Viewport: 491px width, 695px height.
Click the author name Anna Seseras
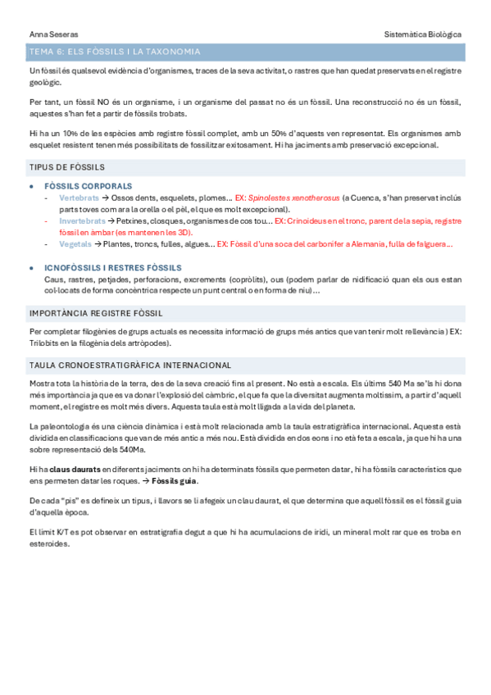48,34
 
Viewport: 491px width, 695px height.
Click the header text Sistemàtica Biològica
423,34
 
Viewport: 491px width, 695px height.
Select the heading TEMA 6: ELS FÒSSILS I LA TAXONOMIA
114,52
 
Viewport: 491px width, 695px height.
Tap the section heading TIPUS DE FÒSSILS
66,168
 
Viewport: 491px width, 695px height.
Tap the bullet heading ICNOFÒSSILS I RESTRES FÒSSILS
113,268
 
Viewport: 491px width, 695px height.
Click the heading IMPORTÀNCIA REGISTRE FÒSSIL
95,313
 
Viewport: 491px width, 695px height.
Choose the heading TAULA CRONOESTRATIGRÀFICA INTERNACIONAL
130,366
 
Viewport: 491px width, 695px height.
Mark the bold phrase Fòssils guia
174,479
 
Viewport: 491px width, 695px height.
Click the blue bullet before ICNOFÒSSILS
31,268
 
